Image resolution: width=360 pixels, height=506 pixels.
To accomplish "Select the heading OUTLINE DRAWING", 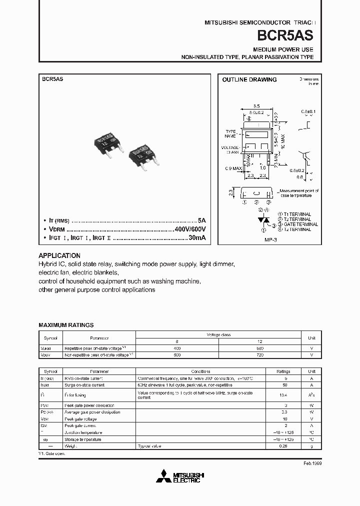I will [x=249, y=79].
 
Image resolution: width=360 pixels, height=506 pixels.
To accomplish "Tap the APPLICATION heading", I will [x=59, y=255].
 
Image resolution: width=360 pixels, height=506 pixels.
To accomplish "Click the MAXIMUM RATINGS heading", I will [x=66, y=325].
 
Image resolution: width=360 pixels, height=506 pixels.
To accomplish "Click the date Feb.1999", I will [x=312, y=463].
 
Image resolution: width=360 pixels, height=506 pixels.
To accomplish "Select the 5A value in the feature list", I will [x=201, y=220].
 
